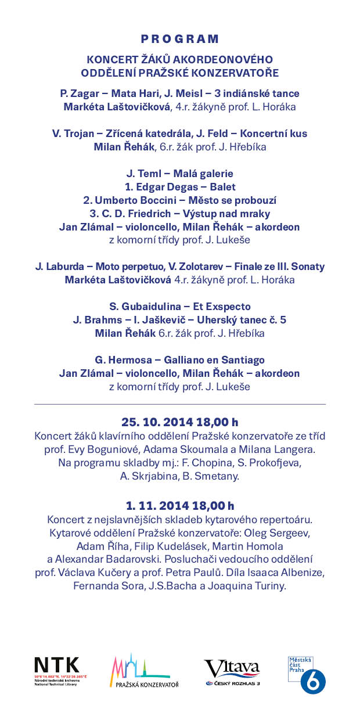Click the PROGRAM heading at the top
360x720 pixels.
[x=180, y=39]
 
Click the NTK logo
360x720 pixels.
[x=56, y=666]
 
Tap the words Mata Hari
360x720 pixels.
[x=132, y=93]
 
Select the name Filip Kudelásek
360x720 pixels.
[x=170, y=546]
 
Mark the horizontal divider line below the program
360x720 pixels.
[x=180, y=404]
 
